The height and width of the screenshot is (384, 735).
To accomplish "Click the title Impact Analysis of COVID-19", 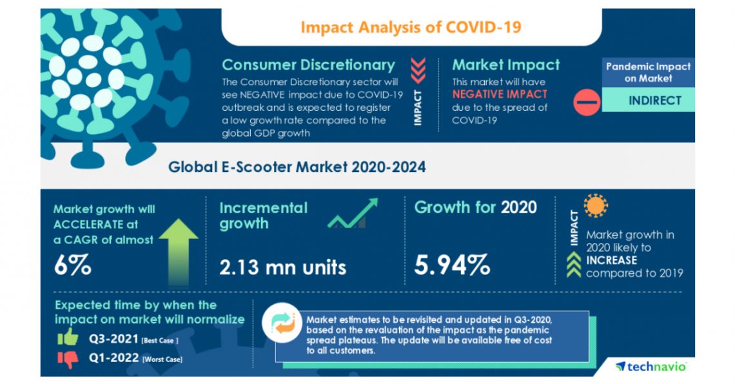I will tap(411, 27).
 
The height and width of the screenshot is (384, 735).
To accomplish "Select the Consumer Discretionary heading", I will tap(308, 65).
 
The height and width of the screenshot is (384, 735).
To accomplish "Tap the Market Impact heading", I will tap(505, 65).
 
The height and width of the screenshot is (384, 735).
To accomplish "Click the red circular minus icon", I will tap(586, 102).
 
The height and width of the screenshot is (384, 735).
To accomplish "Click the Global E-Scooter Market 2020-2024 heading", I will tap(297, 167).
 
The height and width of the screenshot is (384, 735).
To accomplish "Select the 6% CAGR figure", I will tap(72, 265).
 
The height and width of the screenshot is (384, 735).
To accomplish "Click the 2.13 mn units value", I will tap(282, 266).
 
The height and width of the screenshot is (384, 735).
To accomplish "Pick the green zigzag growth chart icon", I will tap(352, 215).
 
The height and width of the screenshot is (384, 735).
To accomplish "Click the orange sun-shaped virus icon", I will tap(595, 206).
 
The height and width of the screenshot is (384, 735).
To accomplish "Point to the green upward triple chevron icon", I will tap(573, 267).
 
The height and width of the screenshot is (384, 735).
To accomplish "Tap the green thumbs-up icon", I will tap(67, 336).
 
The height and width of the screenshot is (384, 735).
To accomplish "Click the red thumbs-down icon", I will tap(67, 358).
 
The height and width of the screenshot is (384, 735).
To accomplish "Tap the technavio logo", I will tap(651, 366).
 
